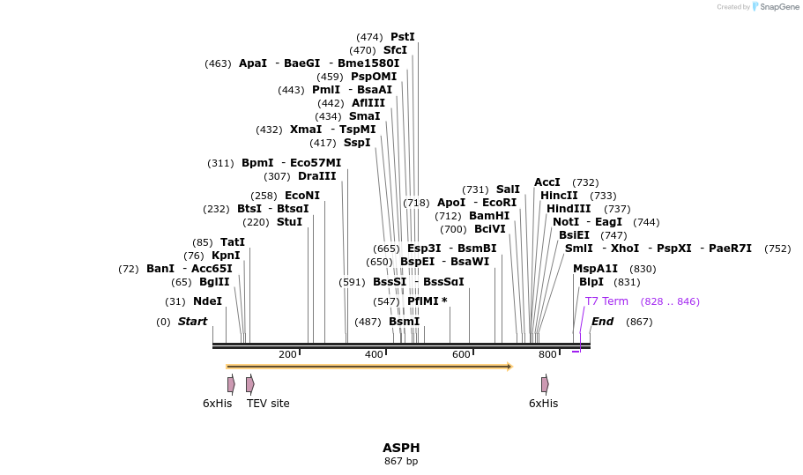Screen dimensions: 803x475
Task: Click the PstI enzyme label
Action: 403,37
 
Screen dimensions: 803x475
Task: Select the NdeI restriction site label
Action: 207,301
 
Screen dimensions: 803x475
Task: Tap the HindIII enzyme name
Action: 569,209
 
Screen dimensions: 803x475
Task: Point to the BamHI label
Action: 489,216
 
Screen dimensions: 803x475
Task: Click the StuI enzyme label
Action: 289,222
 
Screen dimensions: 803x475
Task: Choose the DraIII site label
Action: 317,176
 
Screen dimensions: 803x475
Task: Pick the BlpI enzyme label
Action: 591,282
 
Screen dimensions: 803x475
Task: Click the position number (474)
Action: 369,37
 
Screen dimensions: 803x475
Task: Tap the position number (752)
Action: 777,249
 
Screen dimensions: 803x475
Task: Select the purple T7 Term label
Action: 606,301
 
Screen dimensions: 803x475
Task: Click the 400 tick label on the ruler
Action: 374,354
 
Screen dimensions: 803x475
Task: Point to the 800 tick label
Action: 547,354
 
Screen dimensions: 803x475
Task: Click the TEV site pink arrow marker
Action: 250,384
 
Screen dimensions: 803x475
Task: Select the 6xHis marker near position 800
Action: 545,384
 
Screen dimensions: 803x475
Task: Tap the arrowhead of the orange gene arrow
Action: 509,366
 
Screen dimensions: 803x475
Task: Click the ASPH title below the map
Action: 401,448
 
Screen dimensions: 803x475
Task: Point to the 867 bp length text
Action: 401,461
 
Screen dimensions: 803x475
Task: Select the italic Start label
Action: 192,322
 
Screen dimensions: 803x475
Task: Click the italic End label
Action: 602,322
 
